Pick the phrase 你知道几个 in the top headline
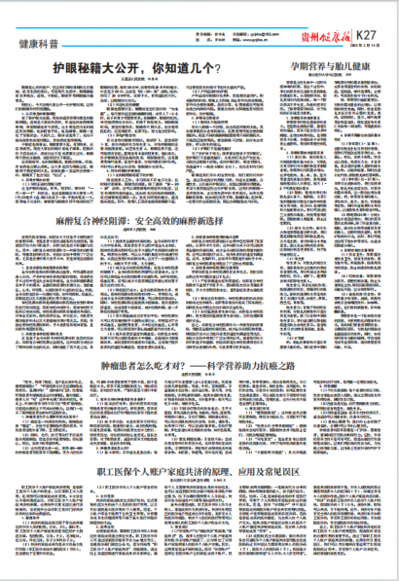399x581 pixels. (187, 69)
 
